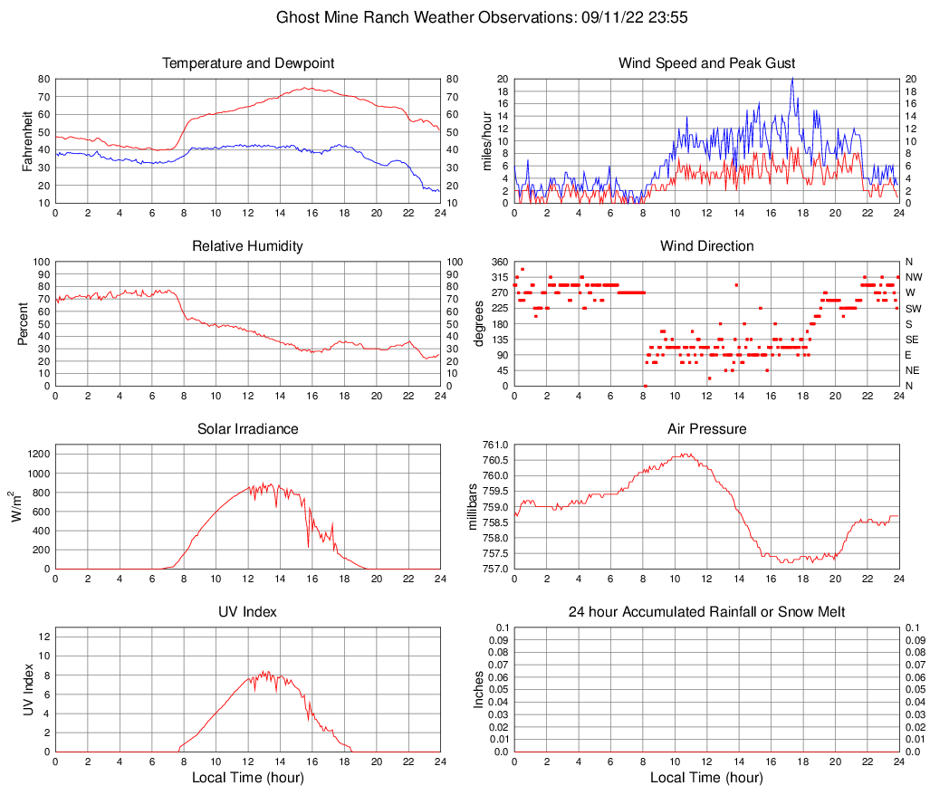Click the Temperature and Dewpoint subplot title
click(x=248, y=63)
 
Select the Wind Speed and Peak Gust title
click(x=706, y=63)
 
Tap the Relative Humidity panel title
click(x=248, y=246)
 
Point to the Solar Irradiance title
click(x=248, y=429)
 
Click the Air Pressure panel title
click(x=706, y=429)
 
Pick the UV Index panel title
click(x=248, y=612)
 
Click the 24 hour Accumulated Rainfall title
click(x=706, y=612)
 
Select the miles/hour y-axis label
click(x=486, y=140)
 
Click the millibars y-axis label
click(x=473, y=506)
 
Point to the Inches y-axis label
click(x=479, y=689)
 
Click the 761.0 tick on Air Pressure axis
click(x=494, y=445)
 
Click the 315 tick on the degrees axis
click(x=499, y=277)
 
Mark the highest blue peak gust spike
click(x=792, y=79)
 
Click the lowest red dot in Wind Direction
click(x=645, y=386)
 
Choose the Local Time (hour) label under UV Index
click(x=248, y=778)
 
